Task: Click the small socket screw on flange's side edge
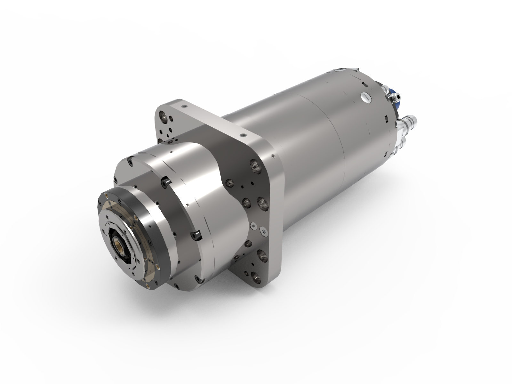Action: pyautogui.click(x=273, y=156)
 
